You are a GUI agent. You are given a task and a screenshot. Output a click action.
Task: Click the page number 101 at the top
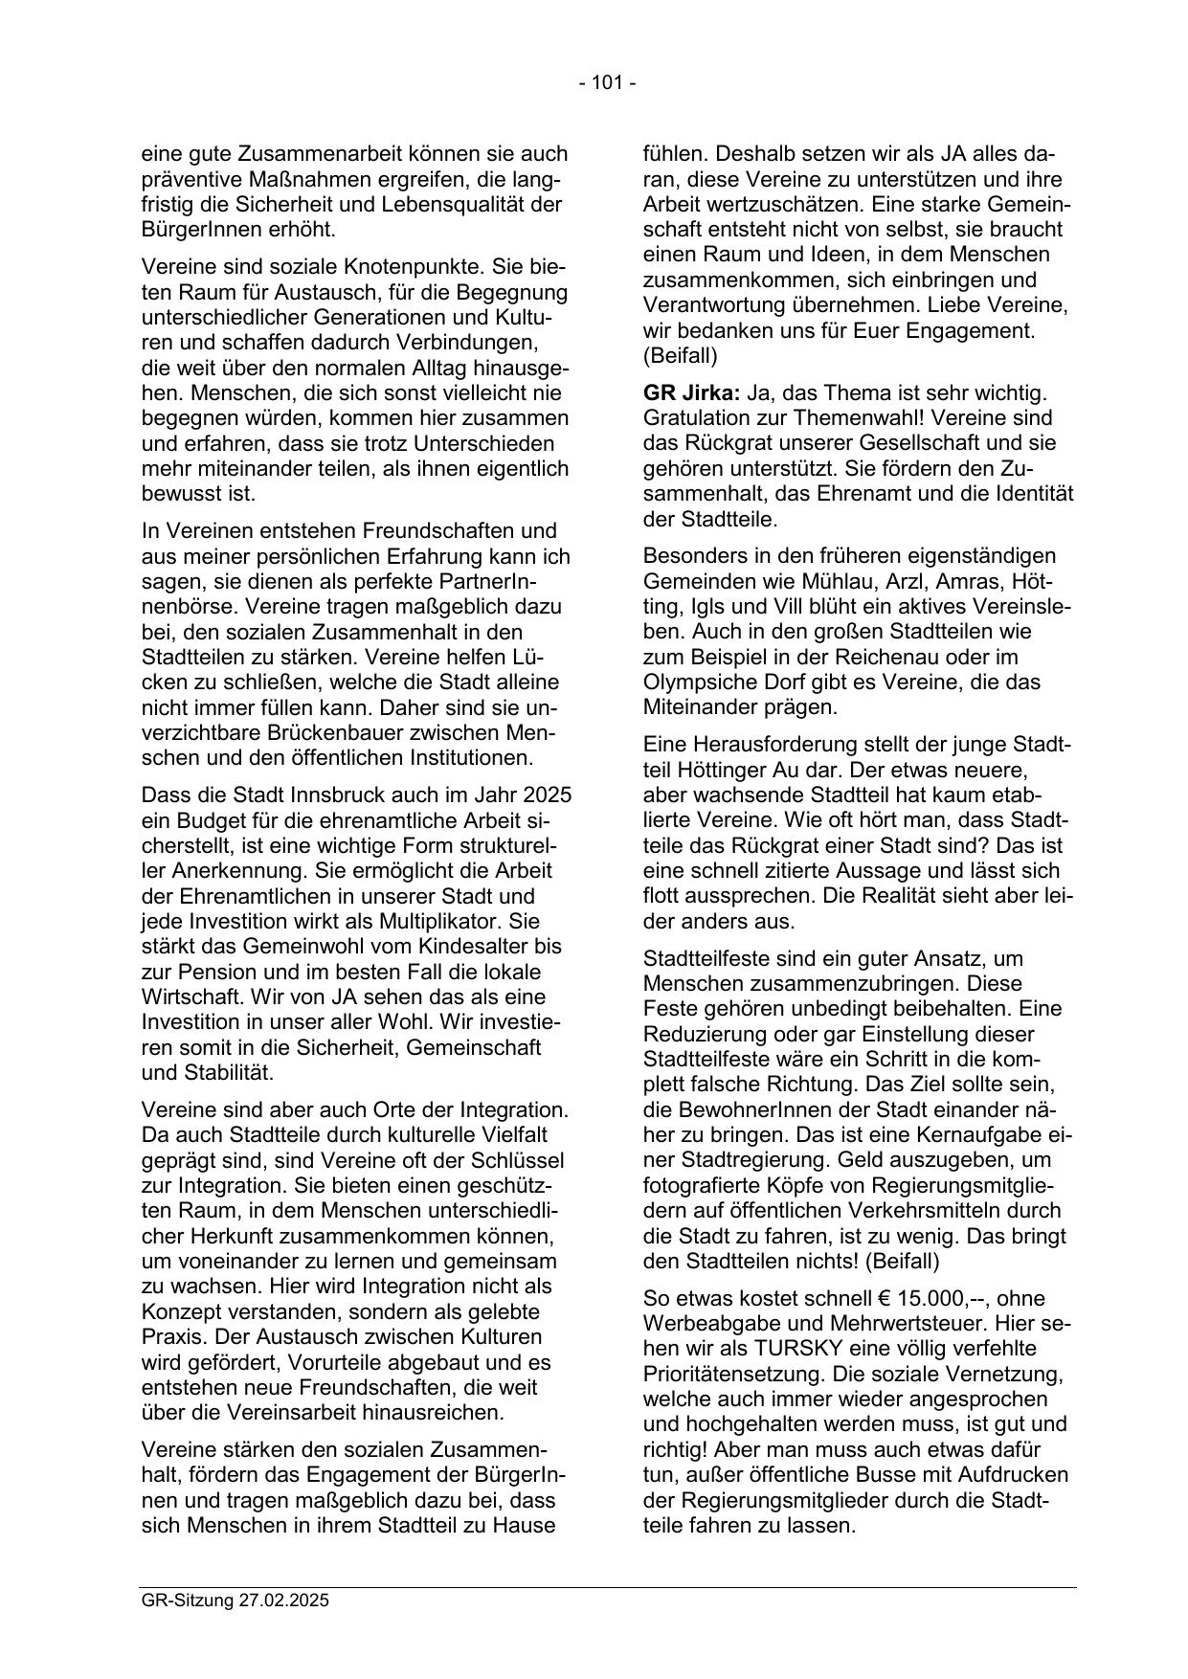607,83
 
